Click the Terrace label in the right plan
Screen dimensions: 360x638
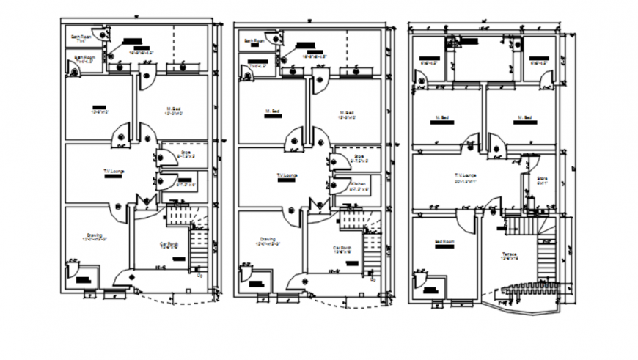click(509, 254)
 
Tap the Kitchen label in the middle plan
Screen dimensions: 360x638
click(358, 183)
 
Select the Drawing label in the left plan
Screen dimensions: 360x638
click(94, 235)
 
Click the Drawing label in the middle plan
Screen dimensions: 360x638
click(268, 239)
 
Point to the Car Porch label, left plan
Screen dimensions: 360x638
click(169, 243)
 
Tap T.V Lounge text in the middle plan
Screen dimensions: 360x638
click(286, 175)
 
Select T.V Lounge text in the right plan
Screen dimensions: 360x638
click(465, 175)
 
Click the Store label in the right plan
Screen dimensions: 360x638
click(542, 177)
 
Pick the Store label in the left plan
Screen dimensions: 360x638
click(185, 153)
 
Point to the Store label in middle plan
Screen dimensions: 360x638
click(359, 155)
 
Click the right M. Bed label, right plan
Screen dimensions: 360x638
click(523, 117)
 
